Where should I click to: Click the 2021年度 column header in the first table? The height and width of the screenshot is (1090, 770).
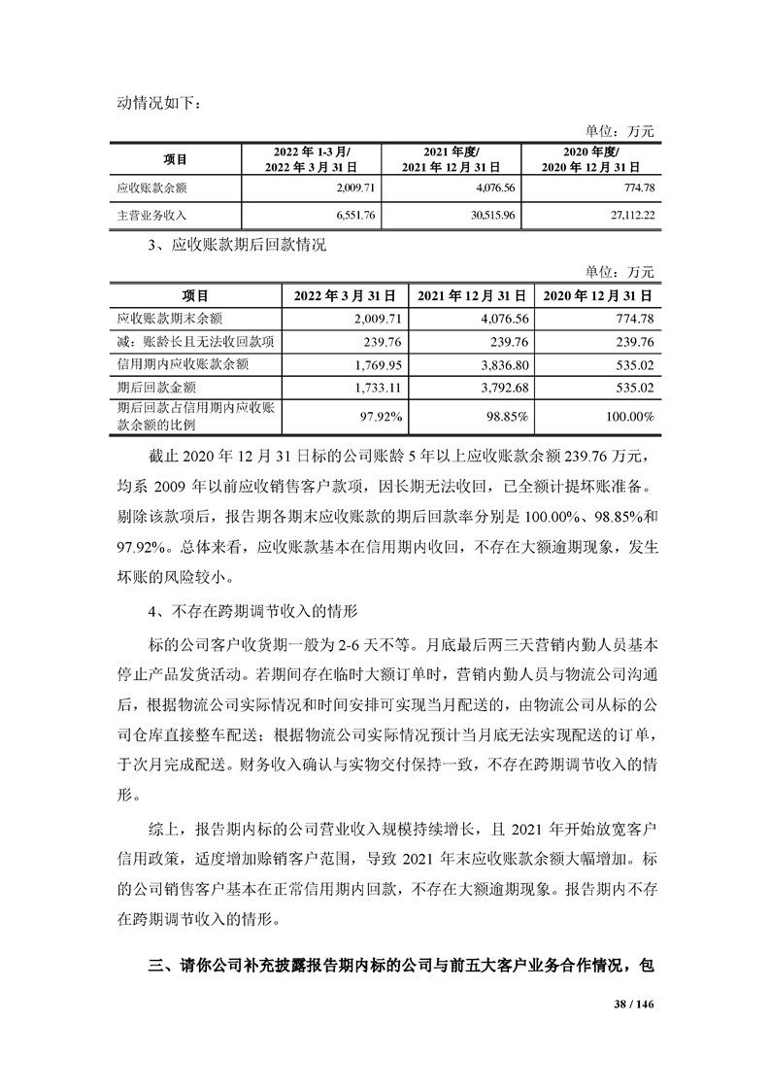(x=452, y=158)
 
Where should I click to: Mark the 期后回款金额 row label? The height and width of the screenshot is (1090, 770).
(x=155, y=388)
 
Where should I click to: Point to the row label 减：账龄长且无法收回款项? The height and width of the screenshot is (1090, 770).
(x=194, y=342)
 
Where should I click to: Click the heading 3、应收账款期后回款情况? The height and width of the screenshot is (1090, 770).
(x=238, y=247)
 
